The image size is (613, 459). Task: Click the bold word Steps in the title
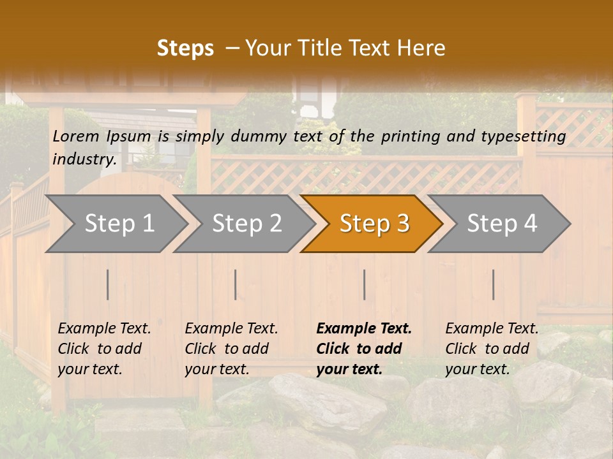tap(185, 48)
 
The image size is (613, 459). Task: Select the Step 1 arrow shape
tap(119, 224)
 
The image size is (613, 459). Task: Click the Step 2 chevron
tap(246, 224)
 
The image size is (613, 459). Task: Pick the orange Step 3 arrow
tap(374, 224)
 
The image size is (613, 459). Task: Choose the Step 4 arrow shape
tap(502, 224)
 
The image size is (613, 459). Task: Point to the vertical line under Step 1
tap(108, 284)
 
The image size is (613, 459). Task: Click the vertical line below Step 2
tap(236, 284)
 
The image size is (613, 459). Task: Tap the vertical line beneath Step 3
tap(365, 284)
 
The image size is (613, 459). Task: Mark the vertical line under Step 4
tap(494, 284)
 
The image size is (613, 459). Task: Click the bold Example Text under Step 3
tap(363, 349)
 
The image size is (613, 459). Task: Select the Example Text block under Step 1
tap(104, 349)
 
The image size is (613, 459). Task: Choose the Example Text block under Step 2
tap(231, 349)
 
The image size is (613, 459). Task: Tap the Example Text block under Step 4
tap(492, 349)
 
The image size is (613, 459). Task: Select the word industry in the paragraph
tap(84, 159)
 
